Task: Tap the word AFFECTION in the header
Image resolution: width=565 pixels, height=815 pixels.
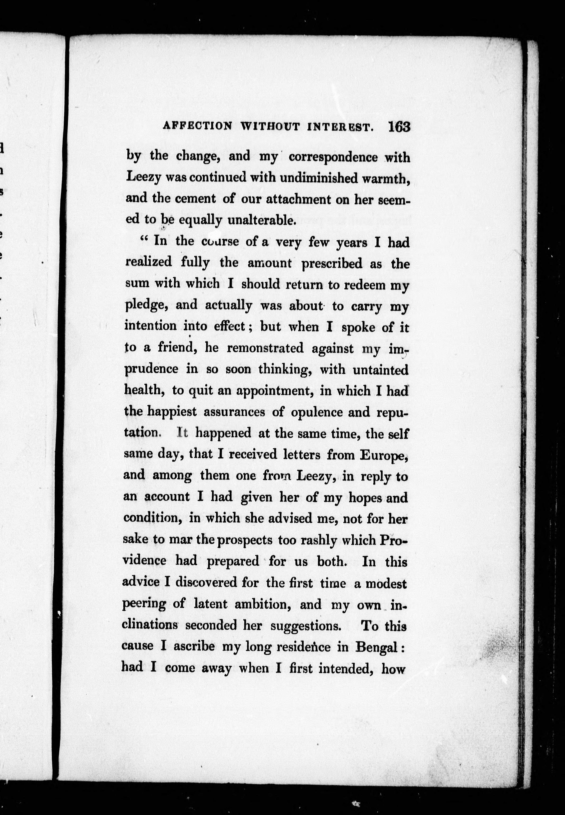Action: click(x=197, y=126)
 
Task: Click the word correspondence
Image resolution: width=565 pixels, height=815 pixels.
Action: click(x=333, y=157)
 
